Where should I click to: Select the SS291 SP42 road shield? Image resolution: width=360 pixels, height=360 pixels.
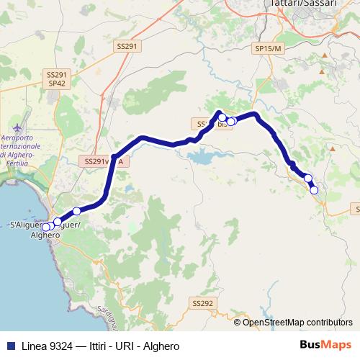[56, 78]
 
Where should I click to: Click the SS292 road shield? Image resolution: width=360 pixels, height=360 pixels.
[204, 304]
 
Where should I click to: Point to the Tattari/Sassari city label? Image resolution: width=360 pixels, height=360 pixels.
[322, 4]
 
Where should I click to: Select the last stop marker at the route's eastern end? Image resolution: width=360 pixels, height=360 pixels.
[314, 190]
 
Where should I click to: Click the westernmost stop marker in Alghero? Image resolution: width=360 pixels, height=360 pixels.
[45, 228]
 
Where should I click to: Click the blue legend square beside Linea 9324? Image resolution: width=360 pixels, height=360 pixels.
[9, 346]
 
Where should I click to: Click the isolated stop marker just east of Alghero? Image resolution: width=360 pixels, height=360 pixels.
[76, 210]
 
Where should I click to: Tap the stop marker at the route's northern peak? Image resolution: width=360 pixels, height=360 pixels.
[222, 117]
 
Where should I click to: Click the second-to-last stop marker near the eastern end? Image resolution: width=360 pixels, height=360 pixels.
[308, 178]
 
